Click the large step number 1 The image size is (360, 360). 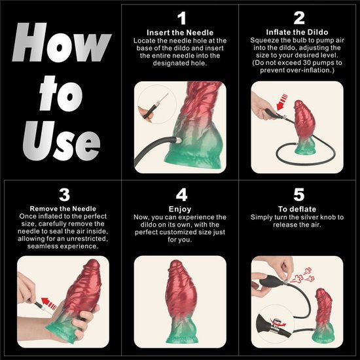tap(181, 18)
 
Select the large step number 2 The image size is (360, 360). tap(299, 18)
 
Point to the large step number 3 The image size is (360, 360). tap(63, 194)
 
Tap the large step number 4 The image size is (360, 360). tap(181, 194)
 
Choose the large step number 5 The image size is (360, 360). tap(299, 194)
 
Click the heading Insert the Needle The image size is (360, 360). tap(181, 32)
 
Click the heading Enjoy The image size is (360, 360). tap(181, 208)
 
